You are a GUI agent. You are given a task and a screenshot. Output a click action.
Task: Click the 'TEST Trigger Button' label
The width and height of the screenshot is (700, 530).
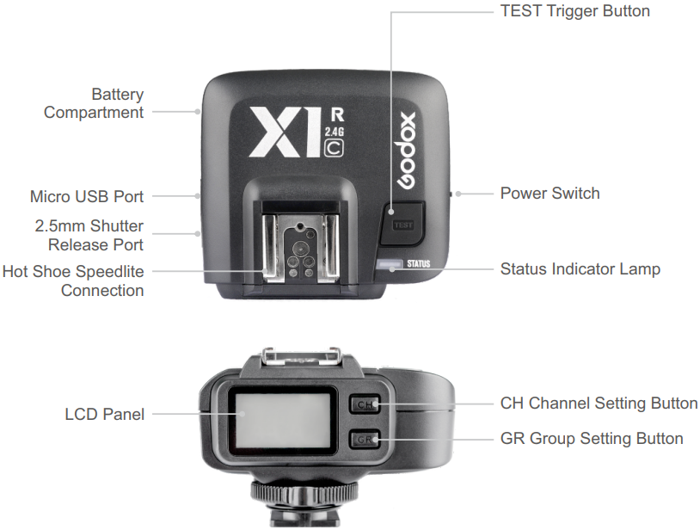point(574,11)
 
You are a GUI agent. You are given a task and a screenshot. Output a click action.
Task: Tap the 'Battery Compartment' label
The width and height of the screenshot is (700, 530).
point(94,103)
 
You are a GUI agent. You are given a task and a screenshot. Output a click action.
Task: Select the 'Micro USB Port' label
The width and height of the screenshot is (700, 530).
point(87,197)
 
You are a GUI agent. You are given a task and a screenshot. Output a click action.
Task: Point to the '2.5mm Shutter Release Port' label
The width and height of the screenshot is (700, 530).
point(89,236)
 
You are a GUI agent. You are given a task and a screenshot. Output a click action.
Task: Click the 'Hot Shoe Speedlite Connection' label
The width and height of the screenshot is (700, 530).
point(73,280)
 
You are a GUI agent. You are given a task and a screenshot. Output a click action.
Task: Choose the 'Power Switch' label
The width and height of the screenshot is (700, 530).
point(550,193)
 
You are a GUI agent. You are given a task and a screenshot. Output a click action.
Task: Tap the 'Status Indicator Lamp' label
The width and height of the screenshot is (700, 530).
point(580,269)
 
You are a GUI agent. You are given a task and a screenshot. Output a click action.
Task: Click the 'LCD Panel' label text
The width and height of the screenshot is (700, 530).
point(104,415)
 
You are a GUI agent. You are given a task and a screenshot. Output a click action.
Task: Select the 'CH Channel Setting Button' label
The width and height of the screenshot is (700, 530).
point(599,403)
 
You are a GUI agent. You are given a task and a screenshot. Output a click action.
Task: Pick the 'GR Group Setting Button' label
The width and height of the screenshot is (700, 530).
point(592,439)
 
